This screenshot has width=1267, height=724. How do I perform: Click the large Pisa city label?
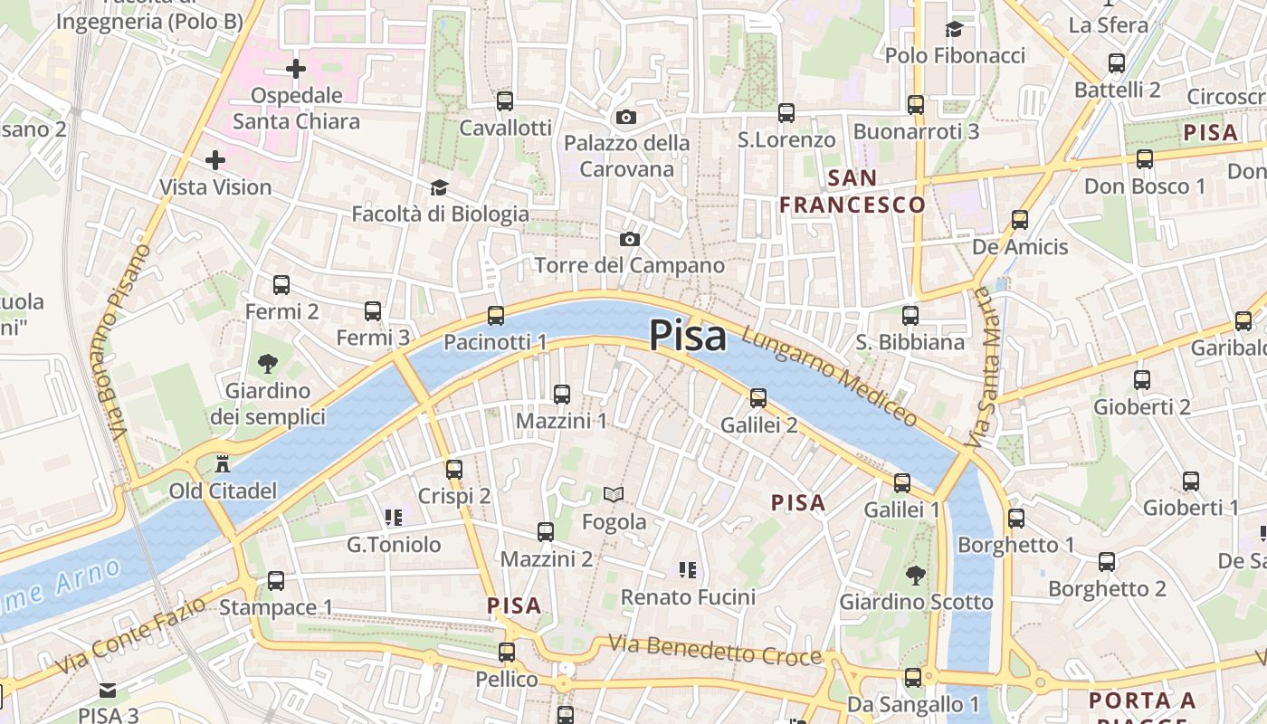coord(688,336)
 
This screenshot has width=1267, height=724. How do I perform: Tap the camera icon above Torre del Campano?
coord(629,239)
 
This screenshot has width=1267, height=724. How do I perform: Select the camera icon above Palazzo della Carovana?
coord(625,117)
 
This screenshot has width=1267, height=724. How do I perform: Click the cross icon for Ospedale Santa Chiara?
coord(296,68)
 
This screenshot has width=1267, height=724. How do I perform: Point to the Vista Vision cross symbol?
coord(214,160)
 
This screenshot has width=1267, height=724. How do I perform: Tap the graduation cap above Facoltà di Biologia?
coord(439,187)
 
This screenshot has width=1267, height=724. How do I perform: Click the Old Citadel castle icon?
coord(222,465)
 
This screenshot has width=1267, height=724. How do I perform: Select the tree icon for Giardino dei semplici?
coord(267,364)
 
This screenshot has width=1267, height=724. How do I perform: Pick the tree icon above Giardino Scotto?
coord(916,575)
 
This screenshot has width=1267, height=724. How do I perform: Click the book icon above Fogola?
coord(614,494)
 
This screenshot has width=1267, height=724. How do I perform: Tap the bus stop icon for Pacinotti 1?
coord(495,315)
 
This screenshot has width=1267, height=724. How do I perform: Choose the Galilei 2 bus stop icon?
coord(758,397)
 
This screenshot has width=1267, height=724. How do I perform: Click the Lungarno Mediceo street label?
coord(829,376)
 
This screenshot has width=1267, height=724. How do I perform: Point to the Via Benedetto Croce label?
coord(715,650)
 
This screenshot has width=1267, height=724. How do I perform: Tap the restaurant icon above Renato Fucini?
coord(688,569)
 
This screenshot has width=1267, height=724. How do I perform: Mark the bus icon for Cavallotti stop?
coord(505,100)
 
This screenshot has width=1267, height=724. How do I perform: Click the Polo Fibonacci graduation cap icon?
coord(954,29)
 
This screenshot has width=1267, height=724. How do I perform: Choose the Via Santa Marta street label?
coord(986,368)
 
